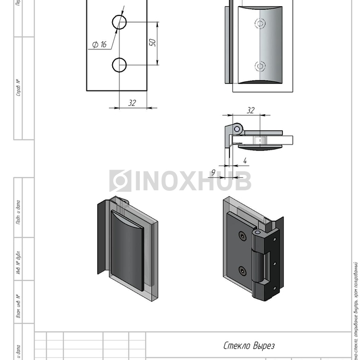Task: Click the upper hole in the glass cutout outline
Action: click(119, 22)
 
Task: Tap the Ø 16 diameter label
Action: click(99, 45)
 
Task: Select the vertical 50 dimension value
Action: click(152, 43)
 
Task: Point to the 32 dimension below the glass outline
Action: click(132, 103)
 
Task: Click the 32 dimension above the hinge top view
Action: click(250, 110)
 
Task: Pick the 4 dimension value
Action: click(245, 160)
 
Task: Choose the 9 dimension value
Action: click(213, 172)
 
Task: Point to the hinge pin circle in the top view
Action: click(238, 128)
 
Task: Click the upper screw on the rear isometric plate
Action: click(242, 236)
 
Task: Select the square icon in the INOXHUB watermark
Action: click(120, 181)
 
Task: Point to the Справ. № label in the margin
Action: click(19, 88)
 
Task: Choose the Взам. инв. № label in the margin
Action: click(19, 307)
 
